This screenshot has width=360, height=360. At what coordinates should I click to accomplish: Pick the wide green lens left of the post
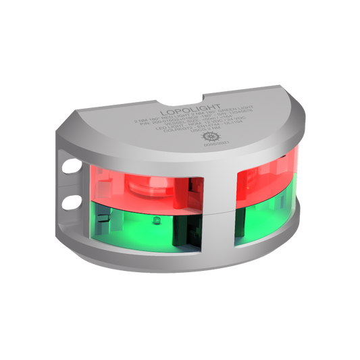tap(135, 230)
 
